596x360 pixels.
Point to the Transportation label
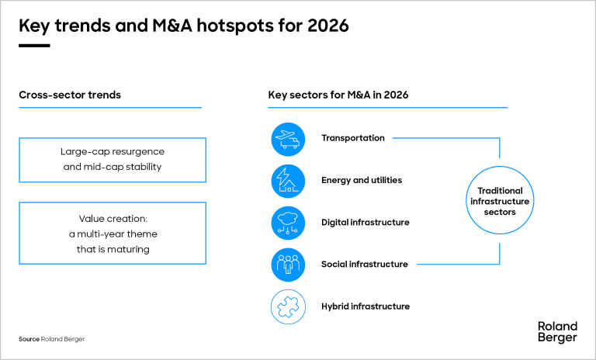point(352,138)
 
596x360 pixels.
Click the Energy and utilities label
point(361,181)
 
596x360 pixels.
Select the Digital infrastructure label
point(365,223)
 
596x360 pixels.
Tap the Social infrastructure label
point(364,265)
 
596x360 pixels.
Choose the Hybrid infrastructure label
point(365,306)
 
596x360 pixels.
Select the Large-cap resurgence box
point(113,160)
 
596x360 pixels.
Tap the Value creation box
point(113,234)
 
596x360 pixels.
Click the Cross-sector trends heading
point(70,95)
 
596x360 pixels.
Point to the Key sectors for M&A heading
point(338,95)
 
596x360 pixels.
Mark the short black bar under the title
point(34,46)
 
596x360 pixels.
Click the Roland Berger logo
point(557,332)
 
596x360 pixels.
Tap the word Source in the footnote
point(29,339)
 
